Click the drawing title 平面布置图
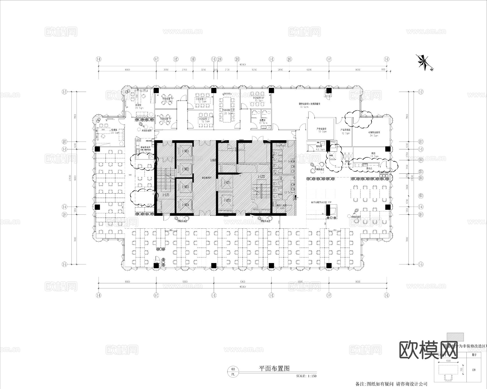274,368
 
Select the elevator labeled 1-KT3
185,187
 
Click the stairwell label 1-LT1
166,195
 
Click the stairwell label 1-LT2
261,177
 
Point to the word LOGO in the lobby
213,160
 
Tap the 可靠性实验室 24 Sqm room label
374,134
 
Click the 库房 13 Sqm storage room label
374,155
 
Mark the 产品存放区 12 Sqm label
345,131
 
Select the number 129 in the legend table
473,370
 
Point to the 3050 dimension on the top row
166,70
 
